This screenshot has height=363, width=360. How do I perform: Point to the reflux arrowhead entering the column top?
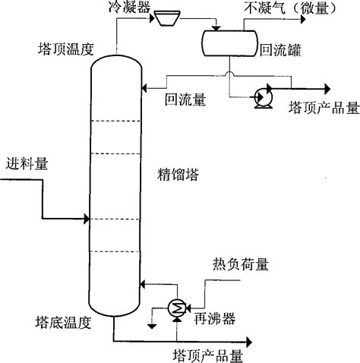point(143,87)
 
